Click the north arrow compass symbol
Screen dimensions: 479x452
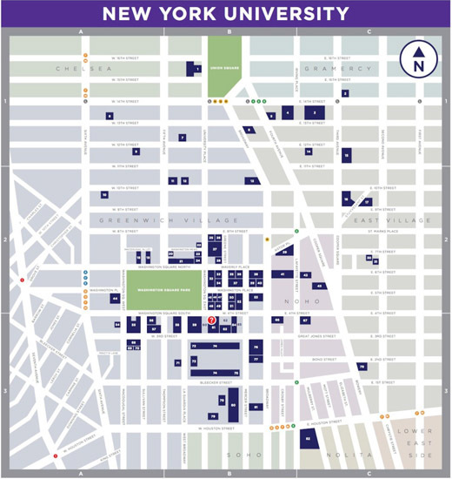click(x=418, y=60)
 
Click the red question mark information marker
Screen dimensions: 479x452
click(x=211, y=320)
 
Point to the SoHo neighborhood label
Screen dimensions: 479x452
click(x=239, y=455)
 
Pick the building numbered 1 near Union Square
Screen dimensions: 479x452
click(x=197, y=68)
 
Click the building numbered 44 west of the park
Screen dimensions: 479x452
click(x=114, y=299)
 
